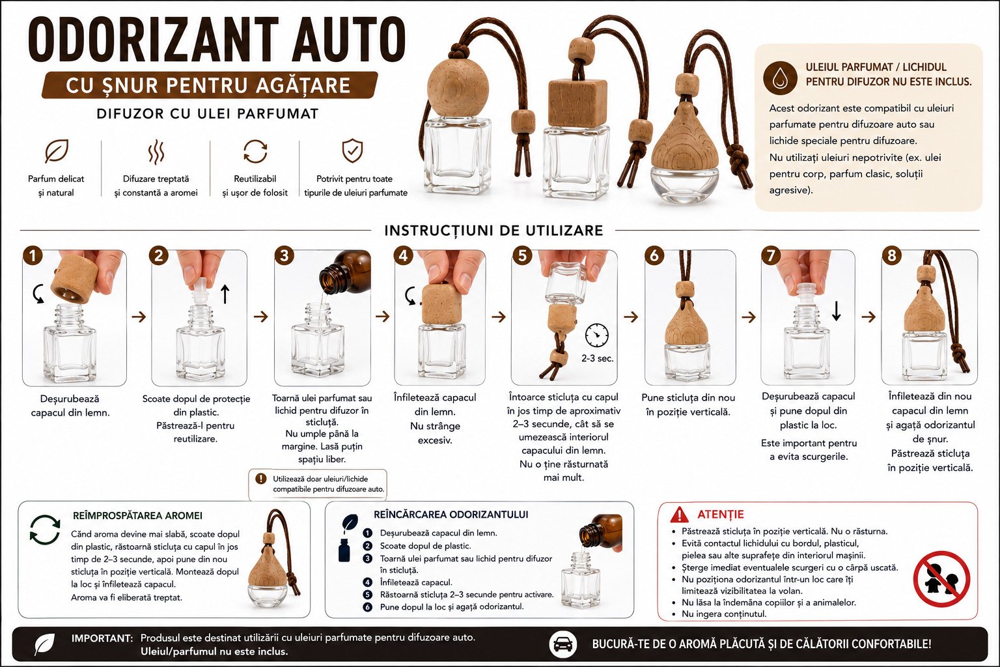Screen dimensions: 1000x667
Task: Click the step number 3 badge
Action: pyautogui.click(x=285, y=255)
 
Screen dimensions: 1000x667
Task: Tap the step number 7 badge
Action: pyautogui.click(x=771, y=255)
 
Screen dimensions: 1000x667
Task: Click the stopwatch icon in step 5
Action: pyautogui.click(x=597, y=335)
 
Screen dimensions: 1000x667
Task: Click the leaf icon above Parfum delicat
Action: pyautogui.click(x=57, y=150)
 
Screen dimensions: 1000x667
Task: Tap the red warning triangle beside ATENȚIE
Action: pyautogui.click(x=679, y=515)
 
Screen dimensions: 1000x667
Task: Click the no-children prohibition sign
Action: pyautogui.click(x=941, y=579)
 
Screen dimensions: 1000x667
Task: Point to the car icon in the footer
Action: pyautogui.click(x=562, y=645)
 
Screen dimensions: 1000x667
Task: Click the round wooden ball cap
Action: pyautogui.click(x=458, y=87)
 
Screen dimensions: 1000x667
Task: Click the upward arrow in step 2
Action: pyautogui.click(x=225, y=294)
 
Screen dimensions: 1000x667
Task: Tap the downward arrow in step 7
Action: pyautogui.click(x=836, y=311)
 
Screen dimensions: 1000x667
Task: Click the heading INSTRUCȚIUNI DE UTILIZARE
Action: pyautogui.click(x=493, y=231)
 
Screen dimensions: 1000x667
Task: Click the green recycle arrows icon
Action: pyautogui.click(x=45, y=530)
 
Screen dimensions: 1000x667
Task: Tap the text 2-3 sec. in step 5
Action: pyautogui.click(x=597, y=358)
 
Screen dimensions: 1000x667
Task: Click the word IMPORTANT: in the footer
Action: pyautogui.click(x=102, y=638)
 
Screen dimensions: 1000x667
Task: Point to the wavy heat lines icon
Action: pyautogui.click(x=156, y=152)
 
